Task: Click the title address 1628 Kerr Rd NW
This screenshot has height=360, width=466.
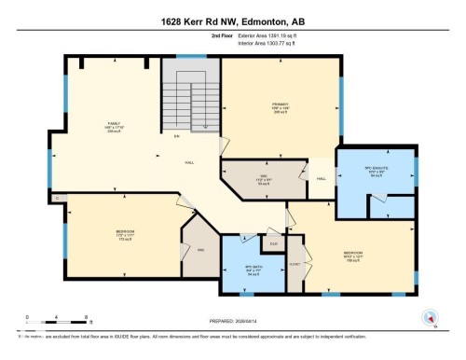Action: tap(233, 20)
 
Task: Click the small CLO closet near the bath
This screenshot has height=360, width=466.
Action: tap(273, 244)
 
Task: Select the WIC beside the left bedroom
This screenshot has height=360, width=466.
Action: tap(200, 250)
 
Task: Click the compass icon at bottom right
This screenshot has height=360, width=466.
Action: tap(431, 316)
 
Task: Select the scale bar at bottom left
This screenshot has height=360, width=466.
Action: tap(57, 321)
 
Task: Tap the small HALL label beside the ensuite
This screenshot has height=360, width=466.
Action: tap(322, 178)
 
